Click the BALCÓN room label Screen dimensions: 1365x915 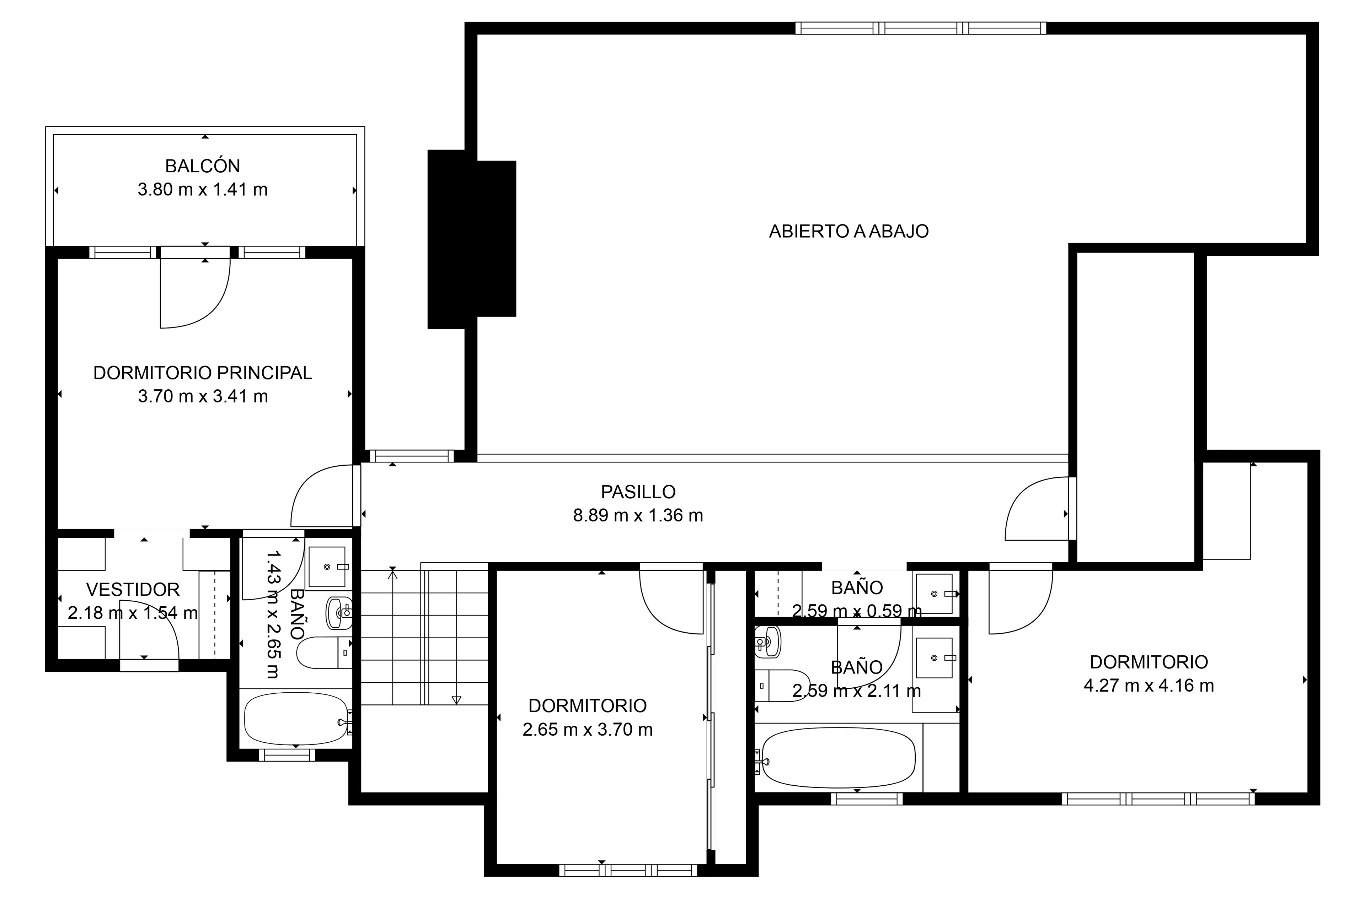[203, 166]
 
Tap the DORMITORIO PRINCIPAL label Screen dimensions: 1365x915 [203, 373]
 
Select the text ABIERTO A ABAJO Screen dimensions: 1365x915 [848, 232]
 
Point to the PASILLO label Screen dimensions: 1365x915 [638, 492]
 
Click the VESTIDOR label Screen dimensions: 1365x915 [133, 589]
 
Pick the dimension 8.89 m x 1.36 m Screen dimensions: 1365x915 [638, 516]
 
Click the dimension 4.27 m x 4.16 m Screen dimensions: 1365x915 [1149, 686]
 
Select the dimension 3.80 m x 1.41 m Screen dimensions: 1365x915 [203, 190]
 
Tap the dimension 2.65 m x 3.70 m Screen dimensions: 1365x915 [587, 730]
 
